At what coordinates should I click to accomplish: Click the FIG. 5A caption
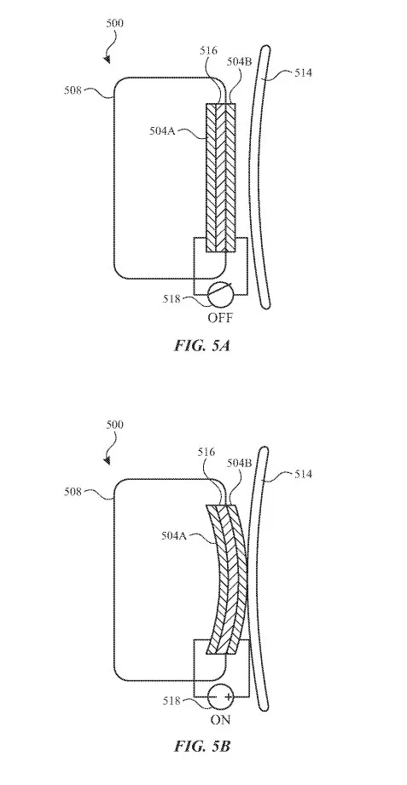(x=202, y=345)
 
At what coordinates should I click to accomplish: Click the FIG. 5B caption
(x=202, y=746)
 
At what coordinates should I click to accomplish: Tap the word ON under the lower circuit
(x=220, y=719)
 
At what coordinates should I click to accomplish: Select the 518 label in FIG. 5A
(x=171, y=299)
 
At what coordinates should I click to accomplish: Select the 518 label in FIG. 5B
(x=171, y=701)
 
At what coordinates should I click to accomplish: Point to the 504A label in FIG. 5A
(x=161, y=131)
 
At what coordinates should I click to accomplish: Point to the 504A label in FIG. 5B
(x=173, y=535)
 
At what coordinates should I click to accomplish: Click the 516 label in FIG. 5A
(x=208, y=50)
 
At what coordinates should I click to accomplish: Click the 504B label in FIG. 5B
(x=239, y=463)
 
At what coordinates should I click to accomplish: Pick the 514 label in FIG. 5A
(x=303, y=73)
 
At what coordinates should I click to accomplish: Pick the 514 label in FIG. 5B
(x=303, y=474)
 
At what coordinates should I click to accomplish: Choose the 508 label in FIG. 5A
(x=73, y=90)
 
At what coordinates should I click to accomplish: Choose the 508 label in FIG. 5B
(x=73, y=492)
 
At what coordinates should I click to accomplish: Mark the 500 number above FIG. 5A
(x=115, y=23)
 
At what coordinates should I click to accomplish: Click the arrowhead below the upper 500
(x=108, y=60)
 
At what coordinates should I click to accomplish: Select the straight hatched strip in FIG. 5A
(x=221, y=177)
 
